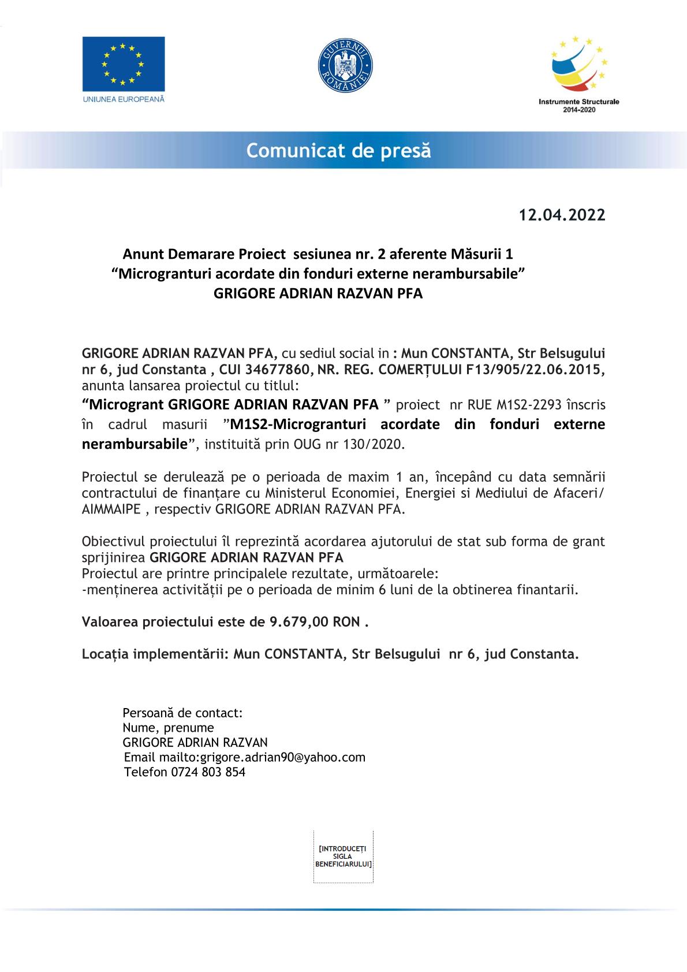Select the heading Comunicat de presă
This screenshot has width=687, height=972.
339,151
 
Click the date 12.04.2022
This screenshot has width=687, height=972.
562,215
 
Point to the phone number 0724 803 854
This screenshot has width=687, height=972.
208,772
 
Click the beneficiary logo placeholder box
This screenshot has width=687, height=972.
343,856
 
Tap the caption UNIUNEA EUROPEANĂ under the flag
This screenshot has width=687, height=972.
124,99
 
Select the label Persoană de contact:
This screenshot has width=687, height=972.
182,713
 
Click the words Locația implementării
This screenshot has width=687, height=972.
152,654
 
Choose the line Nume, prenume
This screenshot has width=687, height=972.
168,728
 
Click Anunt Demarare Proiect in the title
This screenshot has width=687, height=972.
204,254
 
